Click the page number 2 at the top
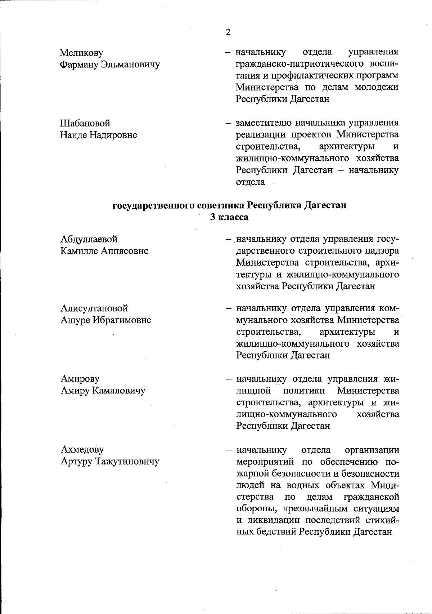[228, 32]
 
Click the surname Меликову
[81, 53]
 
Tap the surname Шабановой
[85, 124]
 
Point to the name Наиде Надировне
[99, 135]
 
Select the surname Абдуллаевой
[89, 239]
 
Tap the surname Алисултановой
[94, 308]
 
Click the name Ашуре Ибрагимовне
[105, 320]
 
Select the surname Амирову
[80, 379]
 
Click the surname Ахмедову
[82, 449]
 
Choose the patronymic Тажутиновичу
[127, 461]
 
